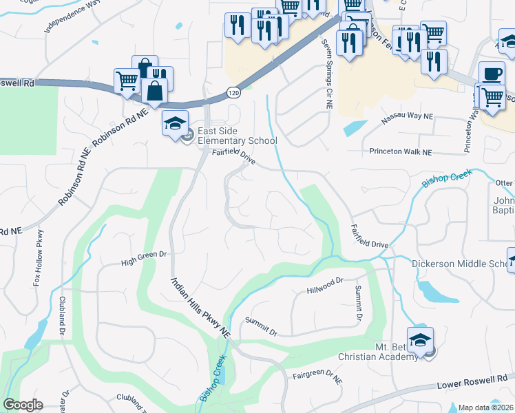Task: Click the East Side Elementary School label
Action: pos(237,136)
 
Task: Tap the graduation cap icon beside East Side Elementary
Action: pos(175,123)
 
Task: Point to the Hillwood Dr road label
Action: pos(325,285)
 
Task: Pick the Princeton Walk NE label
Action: pos(400,151)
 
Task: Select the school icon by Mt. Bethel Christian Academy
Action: pos(420,339)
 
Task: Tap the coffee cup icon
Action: pos(492,74)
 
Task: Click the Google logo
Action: pos(23,405)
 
